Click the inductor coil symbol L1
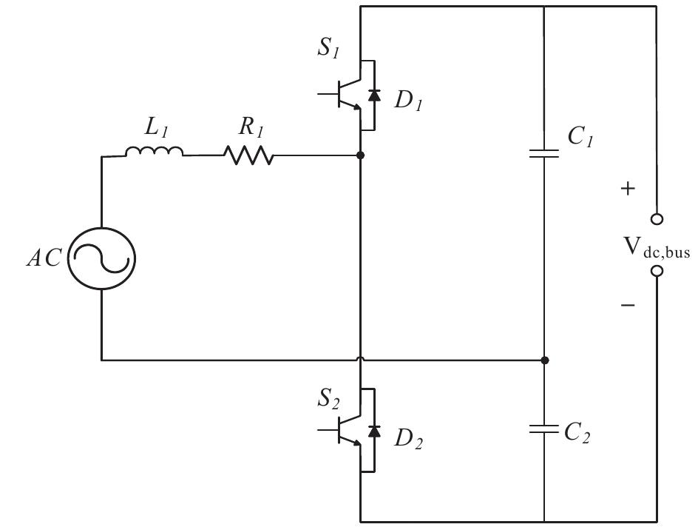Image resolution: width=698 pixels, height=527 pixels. point(154,152)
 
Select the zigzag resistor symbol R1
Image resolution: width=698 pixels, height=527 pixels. point(248,155)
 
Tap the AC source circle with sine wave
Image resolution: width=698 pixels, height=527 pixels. point(102,259)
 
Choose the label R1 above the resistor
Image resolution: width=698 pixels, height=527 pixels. point(251,127)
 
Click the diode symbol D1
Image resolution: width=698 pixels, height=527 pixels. point(375,95)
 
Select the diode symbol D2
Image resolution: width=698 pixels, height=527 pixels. point(375,432)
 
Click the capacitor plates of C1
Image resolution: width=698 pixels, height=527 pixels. point(544,154)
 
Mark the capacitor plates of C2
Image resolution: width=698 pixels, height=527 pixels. point(544,429)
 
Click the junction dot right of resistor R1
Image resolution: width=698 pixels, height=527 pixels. point(360,155)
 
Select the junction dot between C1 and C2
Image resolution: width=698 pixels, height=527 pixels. point(544,360)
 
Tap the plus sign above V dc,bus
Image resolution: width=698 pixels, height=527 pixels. point(628,189)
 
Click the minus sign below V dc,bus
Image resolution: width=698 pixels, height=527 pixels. point(628,304)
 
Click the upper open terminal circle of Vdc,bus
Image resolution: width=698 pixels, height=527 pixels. point(656,219)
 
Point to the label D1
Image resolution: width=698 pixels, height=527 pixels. point(407,101)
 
